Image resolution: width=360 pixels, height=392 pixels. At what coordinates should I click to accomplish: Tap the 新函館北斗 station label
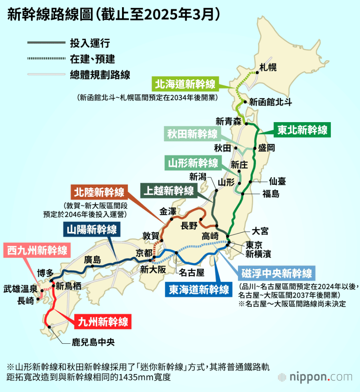coord(270,102)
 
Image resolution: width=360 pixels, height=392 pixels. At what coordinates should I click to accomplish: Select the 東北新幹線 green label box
coord(303,130)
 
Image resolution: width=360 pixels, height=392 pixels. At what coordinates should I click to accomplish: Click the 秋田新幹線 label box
coord(192,134)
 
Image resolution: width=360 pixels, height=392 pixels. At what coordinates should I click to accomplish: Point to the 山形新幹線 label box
coord(193,163)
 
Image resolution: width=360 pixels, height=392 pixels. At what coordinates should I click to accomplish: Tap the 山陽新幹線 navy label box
coord(91,230)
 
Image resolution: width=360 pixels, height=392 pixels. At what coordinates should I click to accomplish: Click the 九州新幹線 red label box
coord(103,321)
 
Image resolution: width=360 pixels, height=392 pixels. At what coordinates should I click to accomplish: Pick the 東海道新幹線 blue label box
coord(199,289)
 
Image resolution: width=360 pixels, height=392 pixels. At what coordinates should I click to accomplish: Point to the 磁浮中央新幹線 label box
coord(277,273)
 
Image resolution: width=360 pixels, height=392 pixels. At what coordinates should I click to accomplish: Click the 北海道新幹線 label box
coord(185,83)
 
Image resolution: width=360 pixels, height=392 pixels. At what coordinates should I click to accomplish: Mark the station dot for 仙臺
coord(251,181)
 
